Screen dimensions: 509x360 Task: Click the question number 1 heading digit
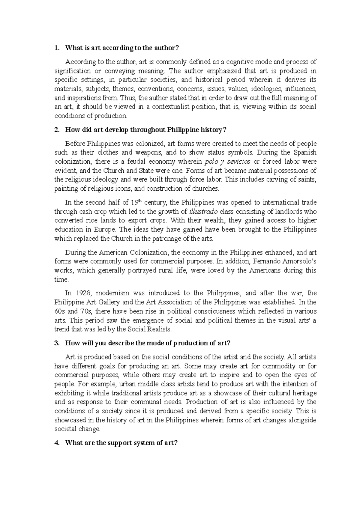point(56,48)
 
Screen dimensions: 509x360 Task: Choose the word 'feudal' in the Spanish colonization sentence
point(137,162)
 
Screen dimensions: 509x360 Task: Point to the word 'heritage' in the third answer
point(305,393)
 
